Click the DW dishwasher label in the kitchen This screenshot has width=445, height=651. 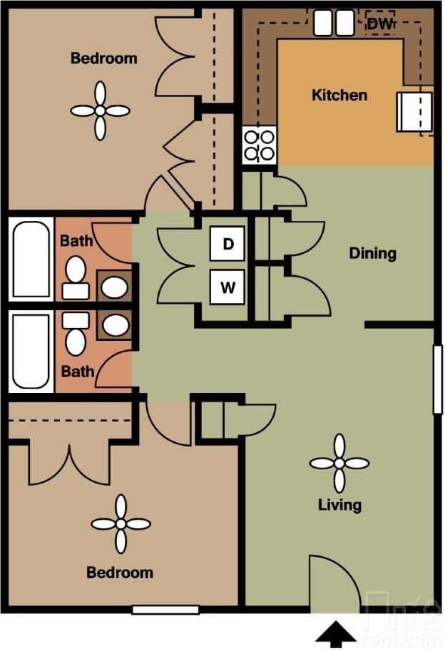click(380, 24)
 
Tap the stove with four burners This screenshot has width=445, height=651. click(259, 145)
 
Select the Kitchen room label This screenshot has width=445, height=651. click(339, 95)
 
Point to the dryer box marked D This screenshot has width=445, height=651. click(227, 244)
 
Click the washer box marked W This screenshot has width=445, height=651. click(227, 287)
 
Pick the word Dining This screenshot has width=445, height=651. click(372, 253)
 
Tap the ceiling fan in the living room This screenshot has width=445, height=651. click(339, 463)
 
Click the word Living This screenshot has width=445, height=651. click(339, 505)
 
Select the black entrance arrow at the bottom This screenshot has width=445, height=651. click(336, 634)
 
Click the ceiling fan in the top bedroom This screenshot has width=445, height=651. click(101, 111)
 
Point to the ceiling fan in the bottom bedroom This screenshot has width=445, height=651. click(121, 524)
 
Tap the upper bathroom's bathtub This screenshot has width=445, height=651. click(31, 260)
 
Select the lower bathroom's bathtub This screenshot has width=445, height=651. click(31, 352)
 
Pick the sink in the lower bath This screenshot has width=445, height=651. click(114, 325)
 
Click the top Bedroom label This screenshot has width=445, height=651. click(103, 58)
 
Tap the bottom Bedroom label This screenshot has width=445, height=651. click(119, 572)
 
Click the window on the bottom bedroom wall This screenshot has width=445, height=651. click(165, 610)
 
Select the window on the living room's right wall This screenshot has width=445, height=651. click(437, 379)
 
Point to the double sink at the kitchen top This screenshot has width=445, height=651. click(334, 23)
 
